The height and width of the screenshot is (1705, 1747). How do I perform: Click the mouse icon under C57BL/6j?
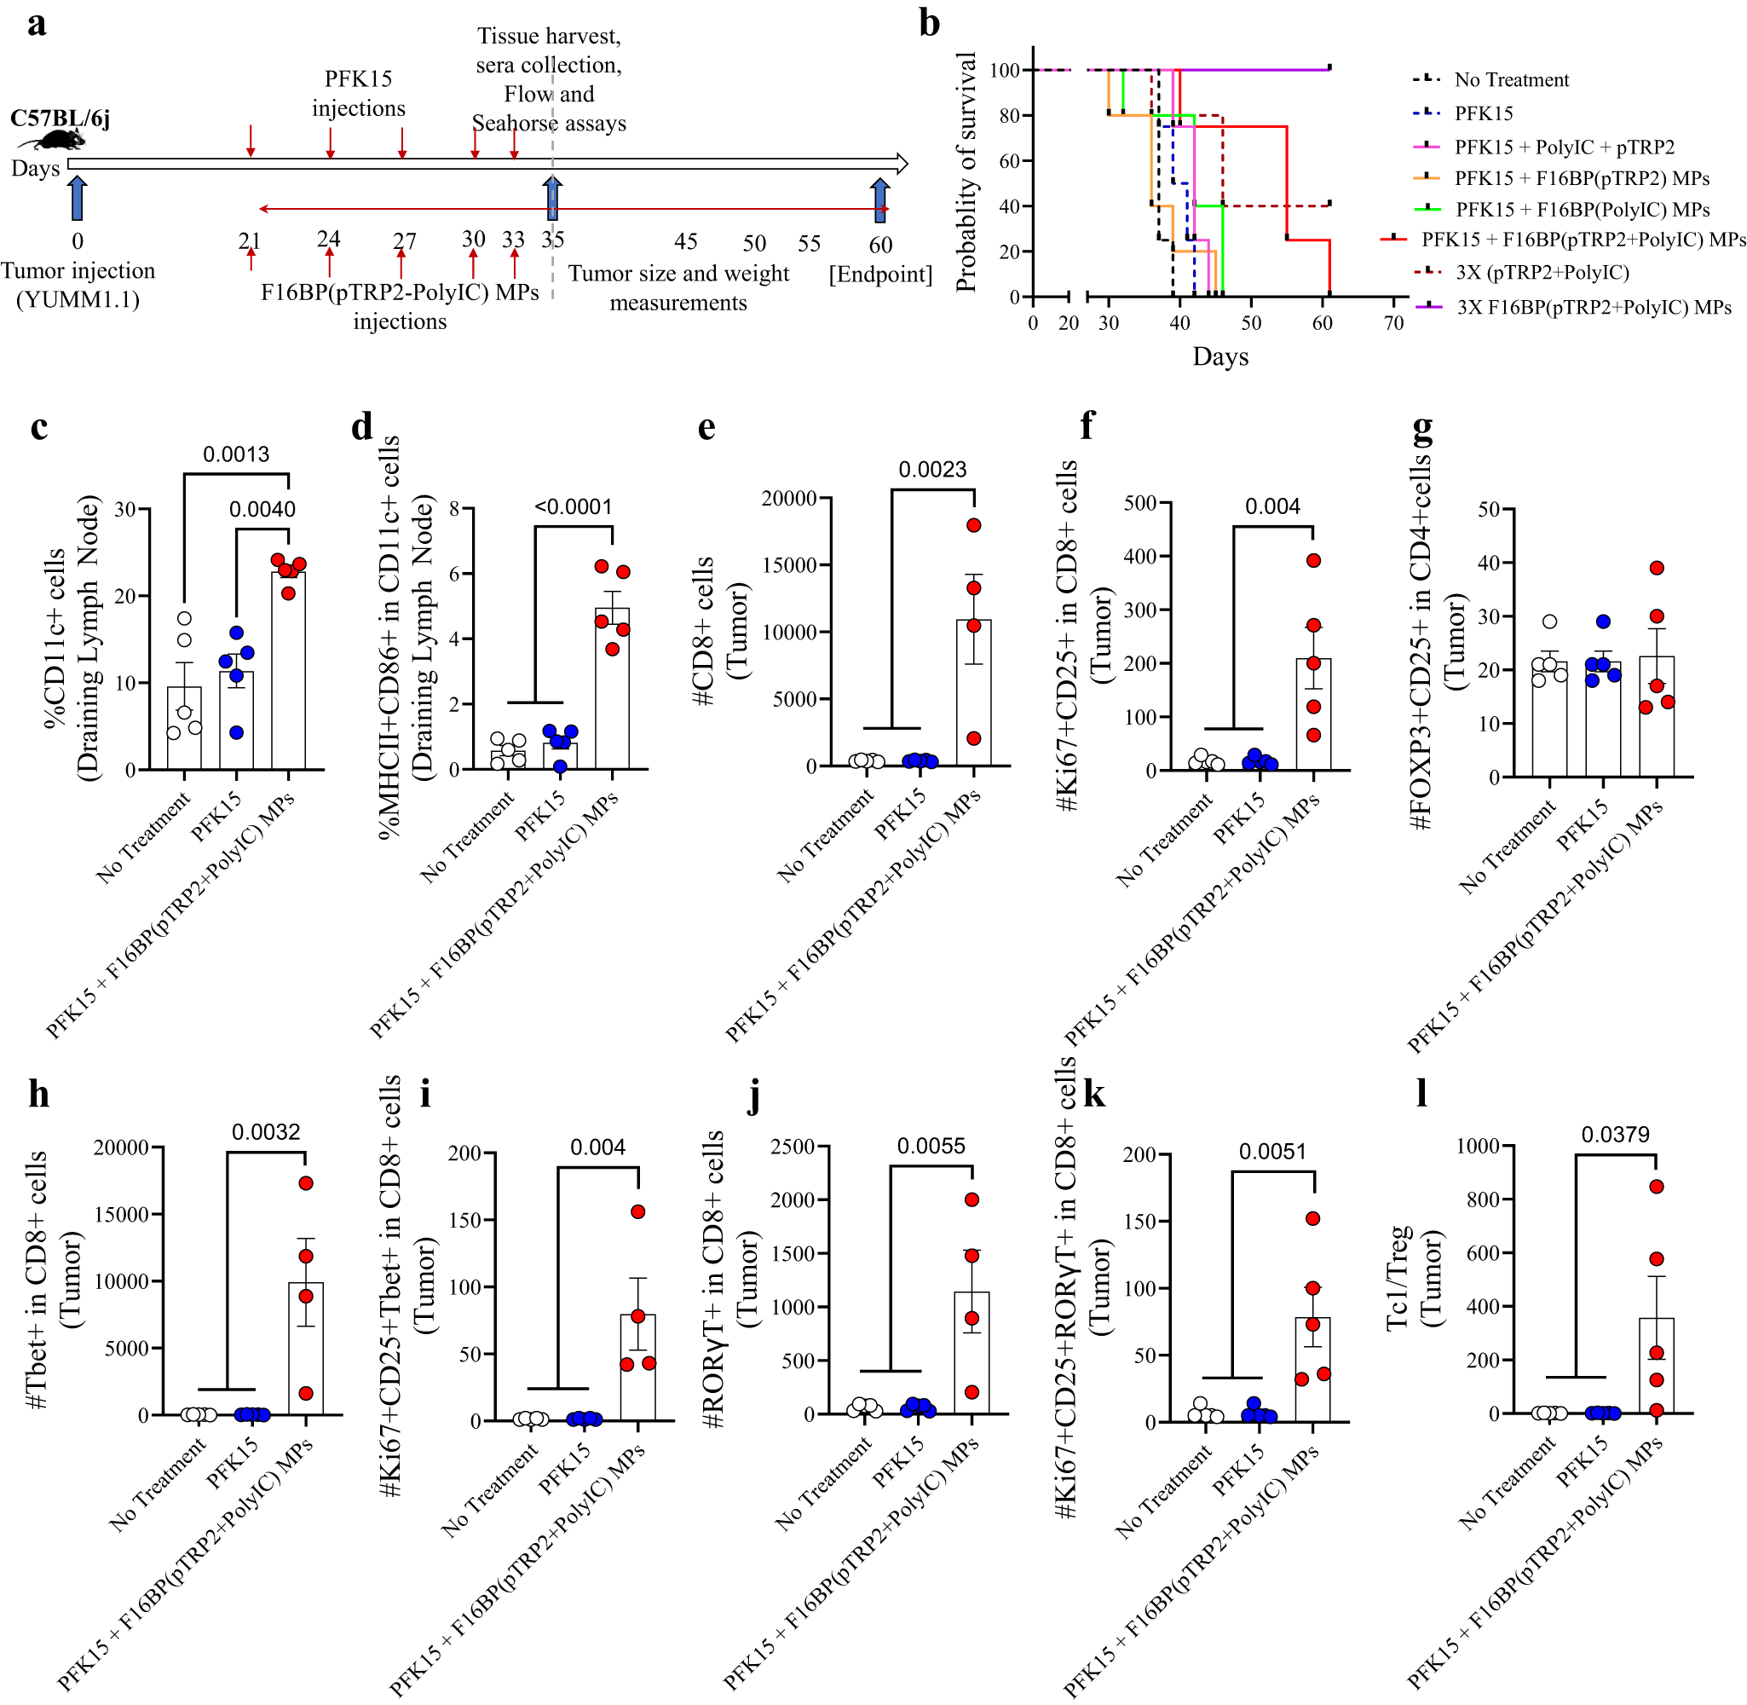click(55, 140)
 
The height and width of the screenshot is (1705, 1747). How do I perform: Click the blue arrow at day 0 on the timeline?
click(77, 198)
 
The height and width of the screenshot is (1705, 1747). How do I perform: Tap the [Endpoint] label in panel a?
click(880, 273)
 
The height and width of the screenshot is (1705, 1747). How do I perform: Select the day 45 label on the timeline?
click(685, 242)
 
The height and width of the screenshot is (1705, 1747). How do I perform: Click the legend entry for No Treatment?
click(1511, 79)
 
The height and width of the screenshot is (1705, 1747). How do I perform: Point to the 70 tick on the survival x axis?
click(1393, 322)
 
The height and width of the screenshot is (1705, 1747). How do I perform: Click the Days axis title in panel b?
click(1219, 356)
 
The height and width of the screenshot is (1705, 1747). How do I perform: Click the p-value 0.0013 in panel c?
click(235, 454)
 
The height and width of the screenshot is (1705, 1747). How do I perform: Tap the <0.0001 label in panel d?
click(573, 507)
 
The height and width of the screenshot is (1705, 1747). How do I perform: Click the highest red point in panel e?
click(974, 525)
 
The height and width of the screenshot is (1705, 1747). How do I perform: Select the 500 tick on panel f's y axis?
click(1140, 503)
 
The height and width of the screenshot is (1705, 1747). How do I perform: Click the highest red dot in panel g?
click(1657, 568)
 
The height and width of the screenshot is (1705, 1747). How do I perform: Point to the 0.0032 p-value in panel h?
click(266, 1132)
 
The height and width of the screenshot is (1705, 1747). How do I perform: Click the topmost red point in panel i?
click(638, 1211)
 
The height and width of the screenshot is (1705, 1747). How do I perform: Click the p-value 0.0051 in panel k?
click(1271, 1152)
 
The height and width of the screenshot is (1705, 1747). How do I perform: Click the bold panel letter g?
click(1422, 428)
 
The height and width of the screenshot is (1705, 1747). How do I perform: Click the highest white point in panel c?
click(184, 619)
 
